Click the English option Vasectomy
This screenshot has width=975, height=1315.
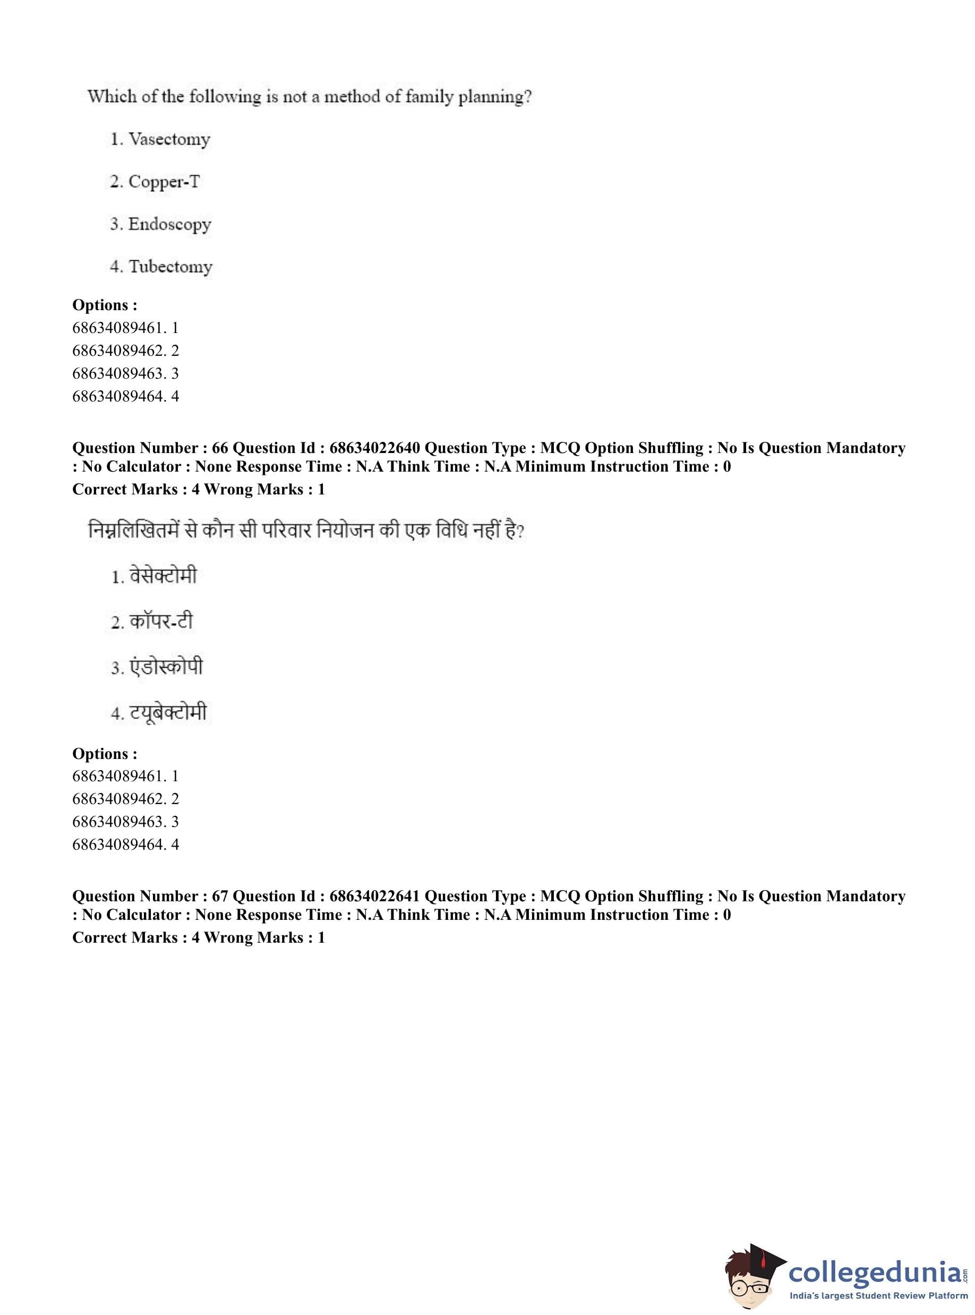coord(169,139)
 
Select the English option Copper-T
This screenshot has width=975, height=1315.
coord(164,182)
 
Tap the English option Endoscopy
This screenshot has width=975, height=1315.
coord(169,224)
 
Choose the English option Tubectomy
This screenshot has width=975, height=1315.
coord(170,267)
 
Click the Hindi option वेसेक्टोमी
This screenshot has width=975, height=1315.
coord(163,576)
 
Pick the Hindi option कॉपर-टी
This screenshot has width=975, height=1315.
coord(161,621)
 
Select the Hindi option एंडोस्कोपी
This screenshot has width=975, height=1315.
coord(166,667)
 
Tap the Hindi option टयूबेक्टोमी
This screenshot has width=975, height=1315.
coord(168,713)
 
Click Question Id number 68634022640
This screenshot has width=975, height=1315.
coord(375,448)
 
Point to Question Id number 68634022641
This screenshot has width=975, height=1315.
coord(375,896)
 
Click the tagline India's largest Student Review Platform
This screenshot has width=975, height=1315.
coord(879,1295)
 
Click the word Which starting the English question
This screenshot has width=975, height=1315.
coord(112,96)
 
